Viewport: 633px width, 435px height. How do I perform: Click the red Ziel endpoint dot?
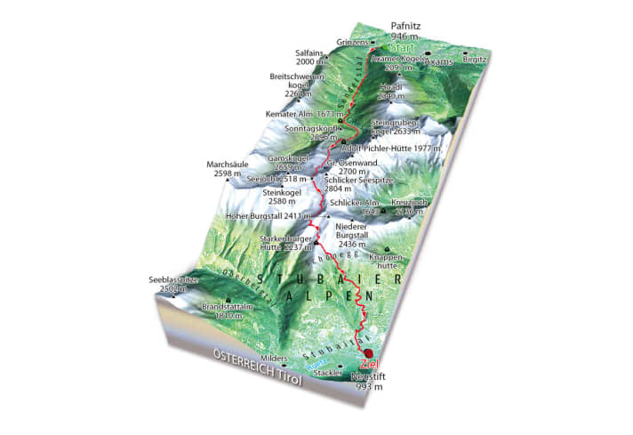click(369, 354)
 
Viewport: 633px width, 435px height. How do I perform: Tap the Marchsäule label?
click(226, 169)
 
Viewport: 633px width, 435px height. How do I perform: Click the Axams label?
click(439, 63)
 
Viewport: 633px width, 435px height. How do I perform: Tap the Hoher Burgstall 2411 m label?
click(268, 215)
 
